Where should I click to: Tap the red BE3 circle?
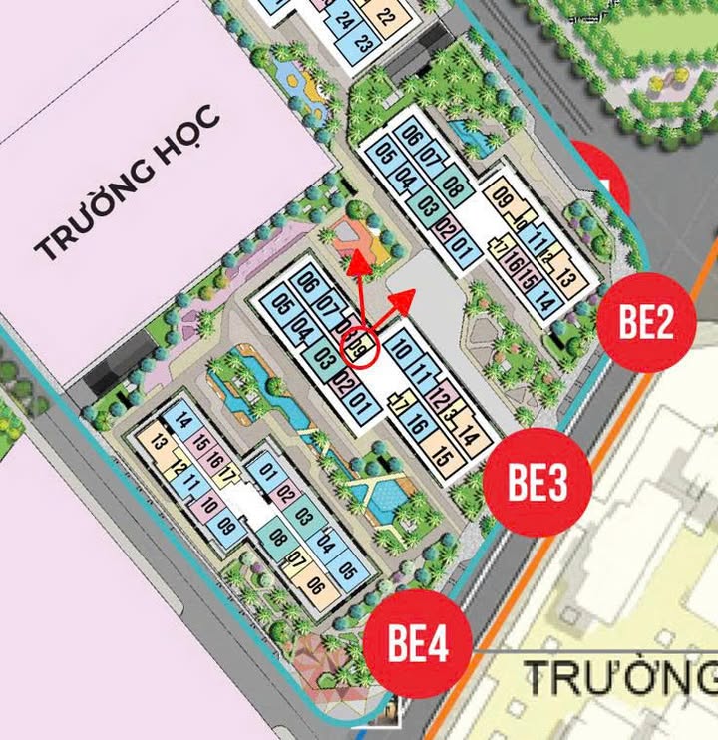tap(538, 483)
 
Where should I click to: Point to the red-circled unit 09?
tap(361, 349)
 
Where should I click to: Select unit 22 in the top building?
tap(386, 17)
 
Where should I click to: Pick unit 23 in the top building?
tap(363, 43)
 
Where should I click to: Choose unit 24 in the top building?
tap(345, 19)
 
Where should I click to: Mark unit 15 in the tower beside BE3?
tap(443, 461)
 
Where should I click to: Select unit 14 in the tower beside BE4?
tap(182, 421)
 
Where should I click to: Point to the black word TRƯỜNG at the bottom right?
tap(618, 678)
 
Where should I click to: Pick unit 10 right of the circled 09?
tap(402, 349)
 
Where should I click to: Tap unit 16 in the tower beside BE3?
tap(418, 427)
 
